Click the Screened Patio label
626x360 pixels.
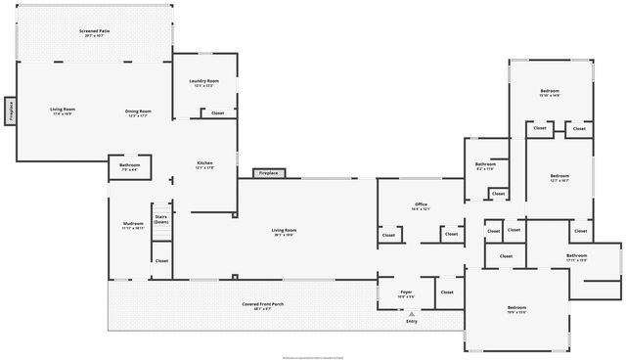coord(95,32)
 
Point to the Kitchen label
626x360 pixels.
coord(204,163)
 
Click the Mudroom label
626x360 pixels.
coord(133,224)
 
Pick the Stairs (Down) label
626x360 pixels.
coord(161,219)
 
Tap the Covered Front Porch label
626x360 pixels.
coord(263,304)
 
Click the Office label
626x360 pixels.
coord(421,205)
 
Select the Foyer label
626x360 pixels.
coord(406,292)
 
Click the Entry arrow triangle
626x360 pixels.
coord(412,314)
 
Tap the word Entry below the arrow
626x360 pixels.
coord(412,322)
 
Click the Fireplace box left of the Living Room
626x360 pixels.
coord(9,111)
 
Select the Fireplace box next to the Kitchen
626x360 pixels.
coord(267,173)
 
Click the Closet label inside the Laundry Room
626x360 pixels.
coord(217,112)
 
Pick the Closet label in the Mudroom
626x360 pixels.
coord(161,260)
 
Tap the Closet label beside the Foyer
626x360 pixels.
coord(447,292)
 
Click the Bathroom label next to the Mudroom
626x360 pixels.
coord(130,165)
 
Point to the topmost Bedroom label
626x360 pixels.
coord(549,91)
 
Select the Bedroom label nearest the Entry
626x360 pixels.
coord(515,310)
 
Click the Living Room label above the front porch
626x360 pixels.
coord(284,231)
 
